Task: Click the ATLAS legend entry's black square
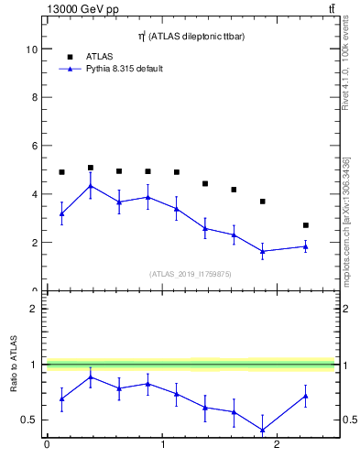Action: tap(69, 56)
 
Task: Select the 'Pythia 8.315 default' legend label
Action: tap(124, 69)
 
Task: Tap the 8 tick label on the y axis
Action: tap(34, 97)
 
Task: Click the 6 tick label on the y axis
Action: tap(34, 146)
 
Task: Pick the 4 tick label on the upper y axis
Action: tap(34, 194)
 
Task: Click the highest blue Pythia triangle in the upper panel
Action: tap(91, 186)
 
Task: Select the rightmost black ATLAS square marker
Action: tap(306, 225)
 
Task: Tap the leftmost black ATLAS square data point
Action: tap(61, 172)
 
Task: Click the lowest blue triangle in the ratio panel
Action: tap(263, 430)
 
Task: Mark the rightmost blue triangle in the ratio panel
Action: tap(306, 396)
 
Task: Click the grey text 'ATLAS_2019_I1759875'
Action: tap(191, 273)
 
